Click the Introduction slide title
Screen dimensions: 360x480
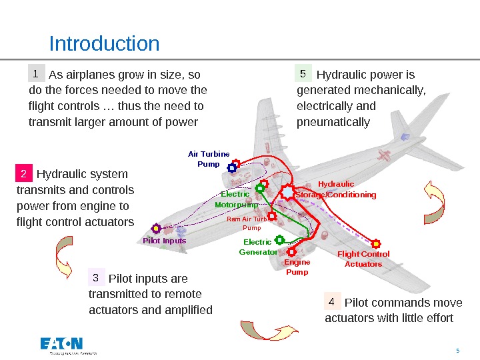click(104, 44)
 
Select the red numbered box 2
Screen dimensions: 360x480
click(24, 175)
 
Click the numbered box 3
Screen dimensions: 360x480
click(96, 277)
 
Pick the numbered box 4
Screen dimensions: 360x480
click(332, 301)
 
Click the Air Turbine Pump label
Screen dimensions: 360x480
click(208, 159)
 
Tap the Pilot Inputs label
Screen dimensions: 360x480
click(165, 241)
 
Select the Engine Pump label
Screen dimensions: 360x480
click(297, 267)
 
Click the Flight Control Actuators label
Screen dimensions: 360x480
click(363, 259)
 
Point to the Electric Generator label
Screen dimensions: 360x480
click(258, 247)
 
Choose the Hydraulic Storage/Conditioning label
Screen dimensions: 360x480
click(336, 189)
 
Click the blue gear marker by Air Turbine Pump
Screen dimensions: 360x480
click(232, 168)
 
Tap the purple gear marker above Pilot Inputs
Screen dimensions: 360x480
click(156, 229)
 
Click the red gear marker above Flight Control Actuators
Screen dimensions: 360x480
click(375, 244)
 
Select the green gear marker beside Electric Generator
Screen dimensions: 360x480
click(279, 239)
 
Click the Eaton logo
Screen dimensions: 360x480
click(62, 345)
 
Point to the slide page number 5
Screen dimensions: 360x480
click(457, 351)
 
